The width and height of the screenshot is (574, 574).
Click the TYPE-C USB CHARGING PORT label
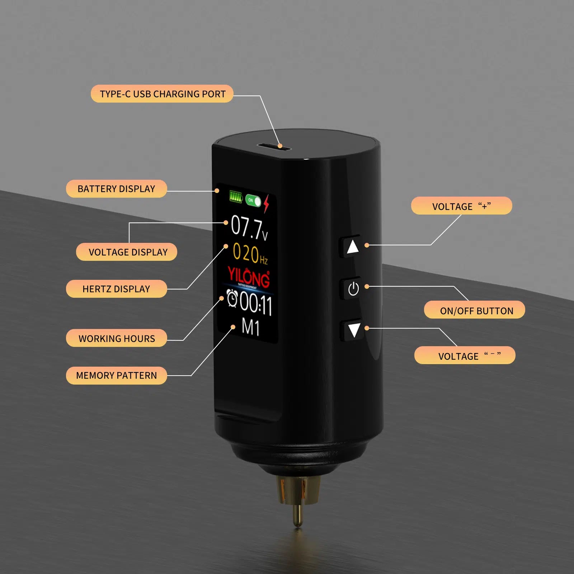click(x=162, y=94)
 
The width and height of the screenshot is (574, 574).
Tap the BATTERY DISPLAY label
click(x=116, y=189)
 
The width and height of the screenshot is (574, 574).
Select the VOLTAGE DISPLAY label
click(x=128, y=252)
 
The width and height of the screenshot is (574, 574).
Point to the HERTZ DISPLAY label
click(x=116, y=289)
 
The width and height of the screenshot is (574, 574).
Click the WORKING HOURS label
click(x=116, y=338)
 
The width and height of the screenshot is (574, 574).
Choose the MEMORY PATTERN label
click(x=116, y=376)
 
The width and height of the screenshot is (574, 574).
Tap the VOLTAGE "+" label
click(x=461, y=206)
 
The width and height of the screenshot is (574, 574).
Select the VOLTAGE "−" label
click(x=465, y=356)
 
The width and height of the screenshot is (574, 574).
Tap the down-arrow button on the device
click(x=354, y=330)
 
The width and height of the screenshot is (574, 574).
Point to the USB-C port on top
click(x=273, y=146)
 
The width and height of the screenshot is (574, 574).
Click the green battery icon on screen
click(x=236, y=197)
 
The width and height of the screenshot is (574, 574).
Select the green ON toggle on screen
click(x=253, y=201)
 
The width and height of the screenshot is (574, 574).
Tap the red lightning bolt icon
click(x=266, y=203)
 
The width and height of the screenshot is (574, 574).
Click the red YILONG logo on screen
click(x=249, y=277)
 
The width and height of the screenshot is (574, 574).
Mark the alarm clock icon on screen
click(x=232, y=299)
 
